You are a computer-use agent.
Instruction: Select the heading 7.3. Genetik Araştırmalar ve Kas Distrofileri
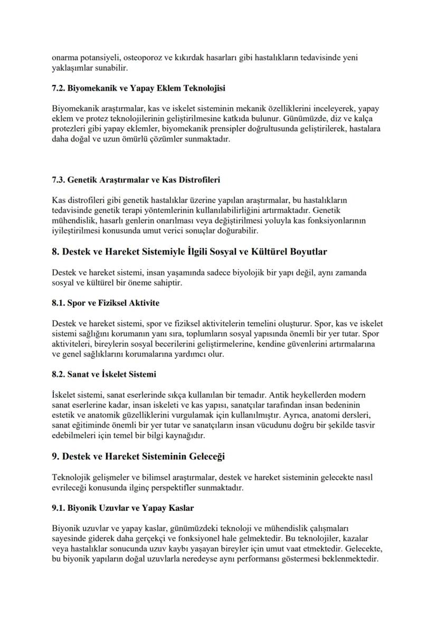point(136,180)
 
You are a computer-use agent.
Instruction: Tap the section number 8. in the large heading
point(56,252)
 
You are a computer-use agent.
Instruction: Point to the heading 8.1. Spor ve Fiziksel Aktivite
point(106,303)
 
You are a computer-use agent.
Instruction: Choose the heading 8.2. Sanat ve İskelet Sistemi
point(104,375)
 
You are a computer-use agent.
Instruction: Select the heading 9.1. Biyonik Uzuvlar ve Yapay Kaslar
point(123,508)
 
